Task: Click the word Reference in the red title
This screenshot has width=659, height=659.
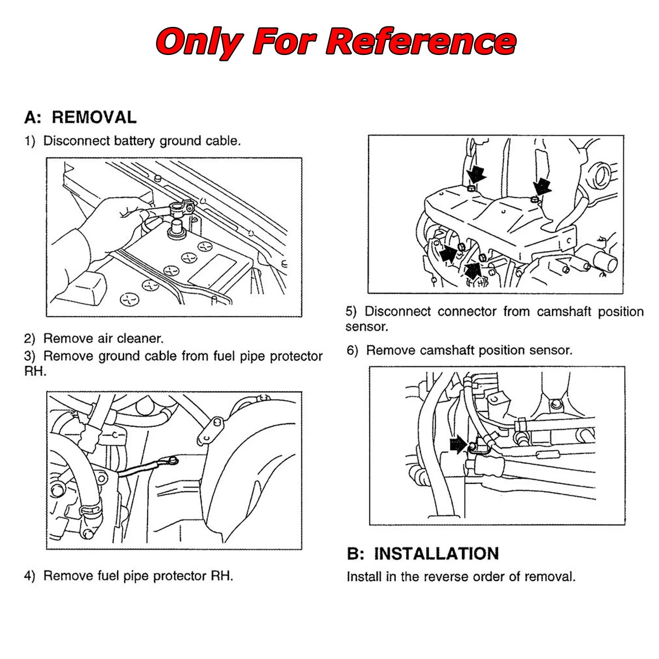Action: (x=421, y=42)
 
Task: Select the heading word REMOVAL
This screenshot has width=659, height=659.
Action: (x=94, y=117)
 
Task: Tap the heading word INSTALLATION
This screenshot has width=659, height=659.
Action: (x=436, y=554)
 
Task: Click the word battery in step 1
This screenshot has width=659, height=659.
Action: (x=134, y=141)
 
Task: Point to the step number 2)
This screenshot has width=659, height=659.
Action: (x=29, y=339)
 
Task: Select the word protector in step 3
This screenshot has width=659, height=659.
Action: (x=296, y=356)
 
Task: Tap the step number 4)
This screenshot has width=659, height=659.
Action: (x=29, y=576)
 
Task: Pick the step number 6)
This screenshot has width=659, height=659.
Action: (x=352, y=351)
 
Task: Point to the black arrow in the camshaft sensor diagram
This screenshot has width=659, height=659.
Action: (x=458, y=445)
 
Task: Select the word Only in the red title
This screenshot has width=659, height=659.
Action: (x=199, y=42)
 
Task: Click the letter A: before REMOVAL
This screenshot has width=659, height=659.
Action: (x=33, y=117)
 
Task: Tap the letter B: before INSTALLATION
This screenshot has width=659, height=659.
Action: (x=355, y=554)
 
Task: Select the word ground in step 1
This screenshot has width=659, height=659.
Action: (x=181, y=141)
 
